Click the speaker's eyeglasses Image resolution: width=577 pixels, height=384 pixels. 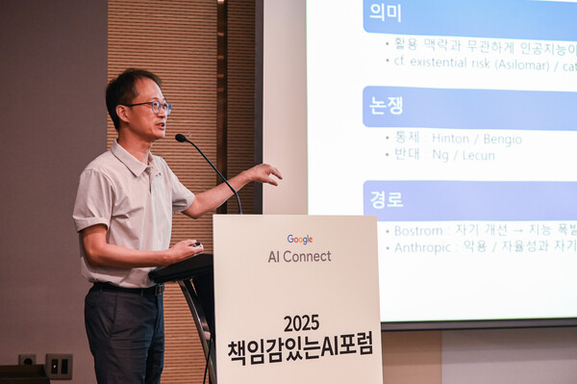[x=149, y=105]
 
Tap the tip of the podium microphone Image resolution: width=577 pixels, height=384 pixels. [x=181, y=139]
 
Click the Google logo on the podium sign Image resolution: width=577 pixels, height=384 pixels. [x=299, y=240]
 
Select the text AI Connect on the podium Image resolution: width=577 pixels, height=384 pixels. [x=299, y=257]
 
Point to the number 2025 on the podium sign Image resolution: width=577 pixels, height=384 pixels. [x=301, y=322]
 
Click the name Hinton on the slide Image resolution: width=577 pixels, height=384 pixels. [x=450, y=139]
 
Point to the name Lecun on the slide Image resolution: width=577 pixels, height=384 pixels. [x=478, y=155]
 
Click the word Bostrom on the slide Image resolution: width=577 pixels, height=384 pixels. [x=418, y=231]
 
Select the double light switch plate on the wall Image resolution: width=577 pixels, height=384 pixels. [x=59, y=365]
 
